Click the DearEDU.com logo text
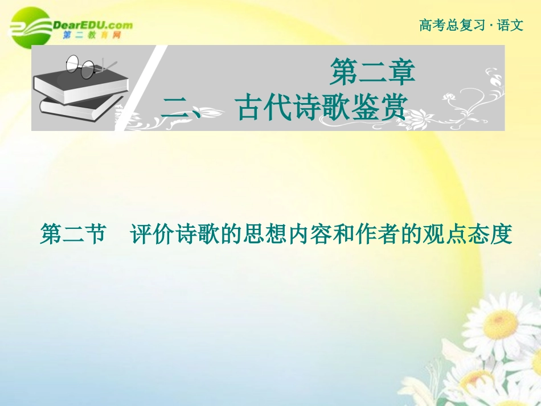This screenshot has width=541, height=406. click(x=91, y=24)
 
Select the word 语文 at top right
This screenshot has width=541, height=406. click(x=510, y=25)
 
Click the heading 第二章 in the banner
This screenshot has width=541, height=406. click(x=372, y=73)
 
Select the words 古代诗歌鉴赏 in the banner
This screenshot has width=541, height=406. click(x=322, y=108)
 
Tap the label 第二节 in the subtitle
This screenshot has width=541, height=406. click(x=73, y=234)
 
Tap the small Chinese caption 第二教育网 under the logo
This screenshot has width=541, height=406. click(x=91, y=35)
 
